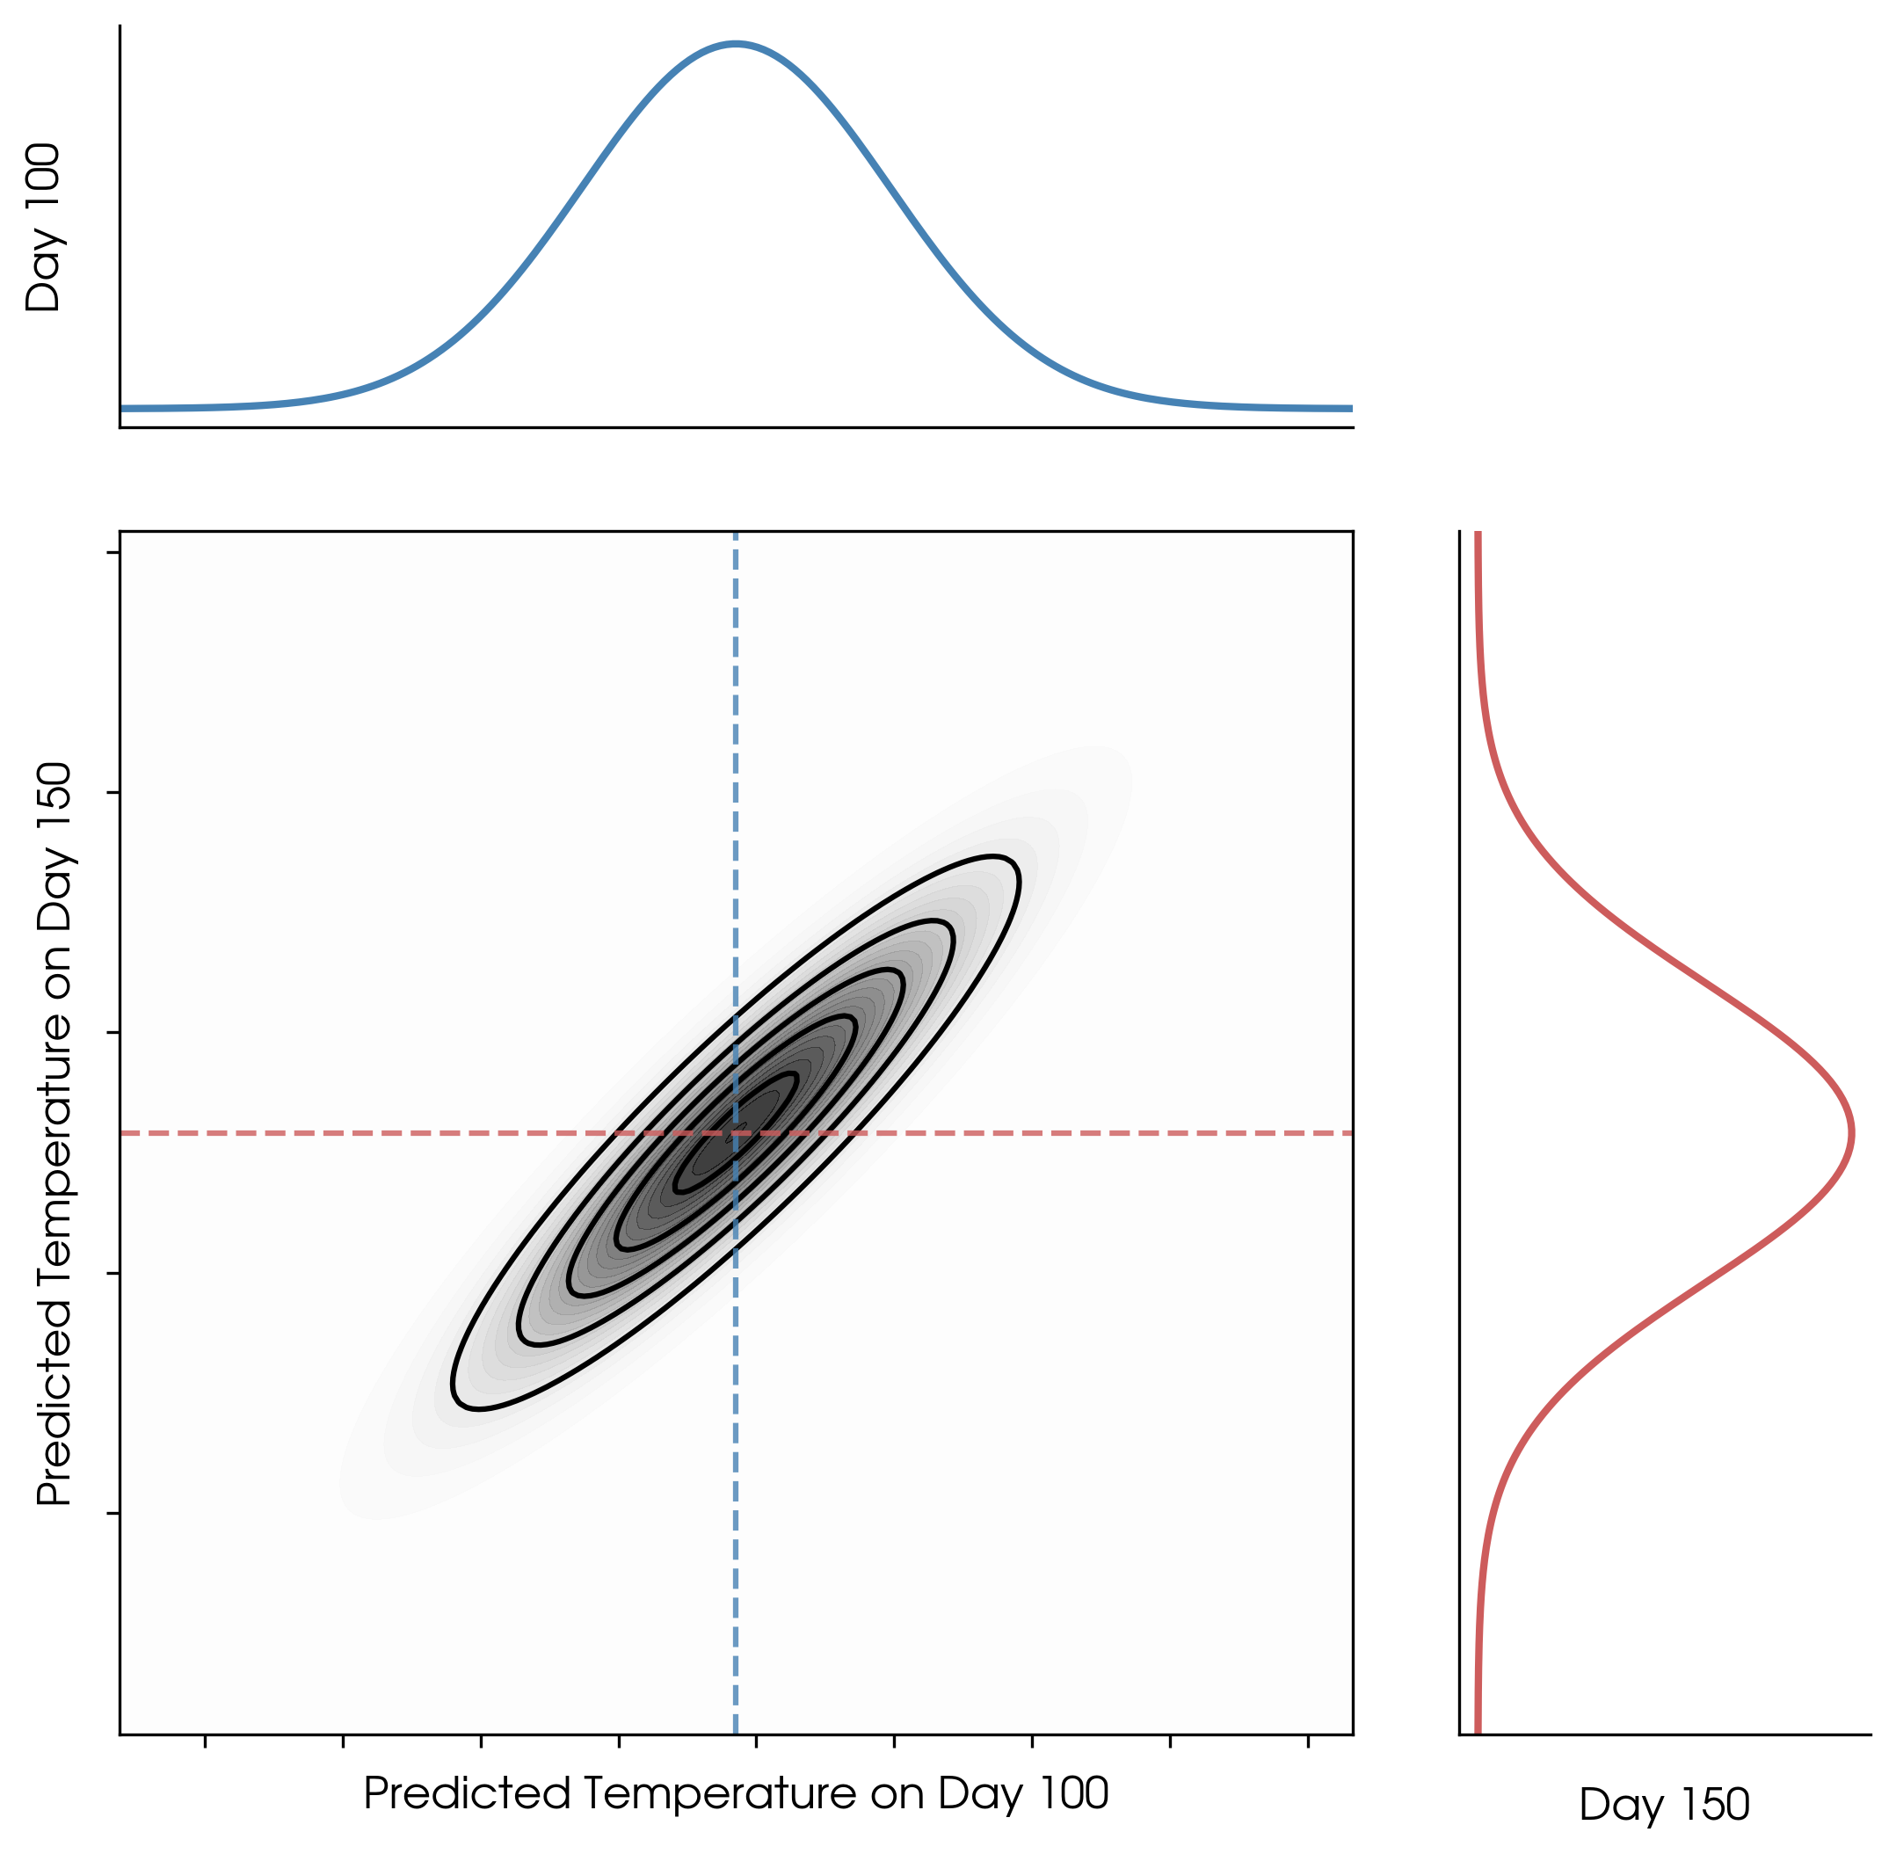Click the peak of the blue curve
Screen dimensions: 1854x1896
coord(737,44)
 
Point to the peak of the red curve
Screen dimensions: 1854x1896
coord(1851,1133)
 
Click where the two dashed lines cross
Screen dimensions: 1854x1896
coord(735,1133)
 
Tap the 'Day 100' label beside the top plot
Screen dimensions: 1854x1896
coord(44,228)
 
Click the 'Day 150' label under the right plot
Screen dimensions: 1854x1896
coord(1664,1805)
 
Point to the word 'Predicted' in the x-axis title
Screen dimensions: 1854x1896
coord(467,1792)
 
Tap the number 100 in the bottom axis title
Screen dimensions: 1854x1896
coord(1072,1792)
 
